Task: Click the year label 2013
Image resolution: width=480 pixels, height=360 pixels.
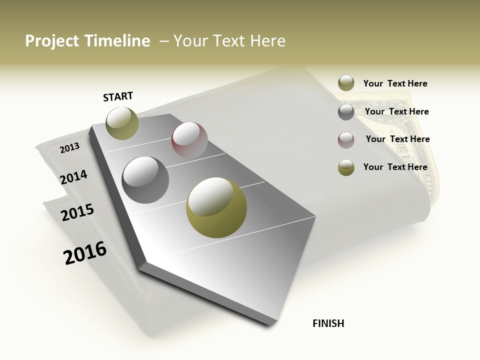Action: [x=69, y=147]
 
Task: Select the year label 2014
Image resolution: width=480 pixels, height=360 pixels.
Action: [x=74, y=177]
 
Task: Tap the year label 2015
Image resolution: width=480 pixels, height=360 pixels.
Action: [x=77, y=212]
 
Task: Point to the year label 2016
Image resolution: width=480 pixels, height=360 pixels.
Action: [x=85, y=252]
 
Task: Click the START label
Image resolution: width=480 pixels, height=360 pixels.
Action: [x=118, y=96]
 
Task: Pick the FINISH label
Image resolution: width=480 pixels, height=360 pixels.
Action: [x=328, y=323]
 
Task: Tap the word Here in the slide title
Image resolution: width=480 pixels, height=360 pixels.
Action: [x=267, y=41]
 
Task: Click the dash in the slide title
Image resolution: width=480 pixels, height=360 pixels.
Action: [x=164, y=41]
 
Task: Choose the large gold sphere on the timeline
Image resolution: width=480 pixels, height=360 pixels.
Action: [x=216, y=207]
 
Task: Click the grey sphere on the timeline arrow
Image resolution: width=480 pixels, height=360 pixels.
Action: [x=145, y=180]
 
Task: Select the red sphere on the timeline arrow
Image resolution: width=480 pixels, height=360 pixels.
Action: [x=189, y=140]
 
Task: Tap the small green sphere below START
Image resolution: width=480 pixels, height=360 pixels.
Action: [x=122, y=123]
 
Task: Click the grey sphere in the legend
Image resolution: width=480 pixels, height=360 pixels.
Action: [x=346, y=112]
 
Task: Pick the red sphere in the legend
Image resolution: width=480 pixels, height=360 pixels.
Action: [x=346, y=140]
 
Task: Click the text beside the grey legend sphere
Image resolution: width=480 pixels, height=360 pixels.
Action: [x=396, y=111]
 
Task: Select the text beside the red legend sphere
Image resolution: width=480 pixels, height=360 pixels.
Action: [x=397, y=139]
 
